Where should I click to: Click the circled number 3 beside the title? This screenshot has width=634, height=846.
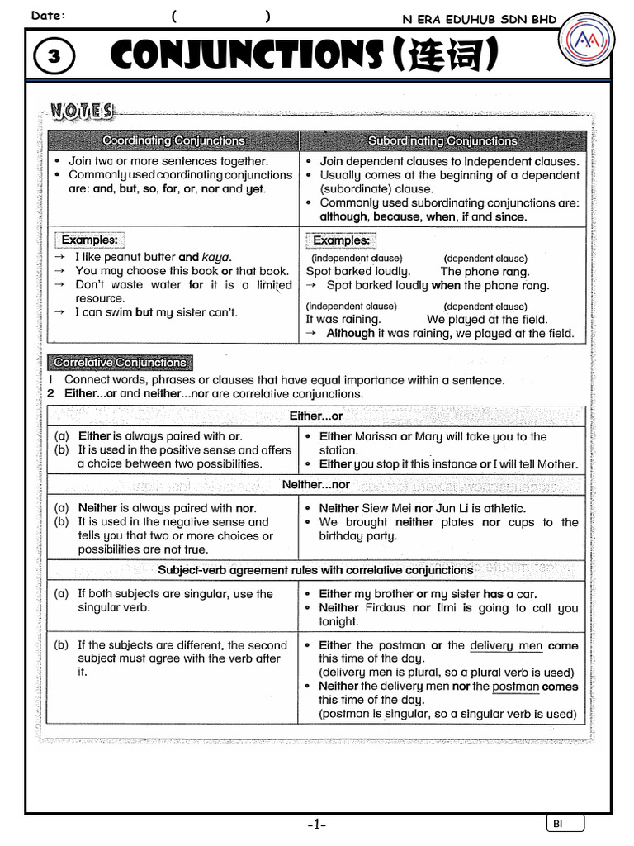coord(54,56)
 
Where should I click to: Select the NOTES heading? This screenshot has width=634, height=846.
coord(83,111)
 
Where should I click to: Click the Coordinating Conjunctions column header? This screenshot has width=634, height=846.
coord(173,141)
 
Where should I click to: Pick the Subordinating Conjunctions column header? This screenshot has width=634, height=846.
coord(442,141)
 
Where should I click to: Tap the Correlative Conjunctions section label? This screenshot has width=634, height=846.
coord(121,363)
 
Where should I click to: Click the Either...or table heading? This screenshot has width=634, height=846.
coord(316,416)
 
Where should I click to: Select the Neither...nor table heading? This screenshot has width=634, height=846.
coord(316,485)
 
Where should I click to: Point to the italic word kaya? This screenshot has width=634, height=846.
coord(216,257)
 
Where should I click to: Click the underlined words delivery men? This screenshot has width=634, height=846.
coord(505,645)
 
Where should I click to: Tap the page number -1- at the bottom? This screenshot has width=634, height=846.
coord(317,825)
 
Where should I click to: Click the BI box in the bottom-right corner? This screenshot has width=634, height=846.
coord(565,824)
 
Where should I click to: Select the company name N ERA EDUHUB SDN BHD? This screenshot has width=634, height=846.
coord(479,19)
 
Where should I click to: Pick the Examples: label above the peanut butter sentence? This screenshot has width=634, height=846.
coord(90,240)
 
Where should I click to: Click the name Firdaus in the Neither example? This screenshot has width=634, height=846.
coord(386,608)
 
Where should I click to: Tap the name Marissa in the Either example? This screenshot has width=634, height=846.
coord(376,436)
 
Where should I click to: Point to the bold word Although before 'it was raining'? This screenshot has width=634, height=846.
coord(350,334)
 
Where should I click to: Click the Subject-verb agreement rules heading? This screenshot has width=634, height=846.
coord(315,570)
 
